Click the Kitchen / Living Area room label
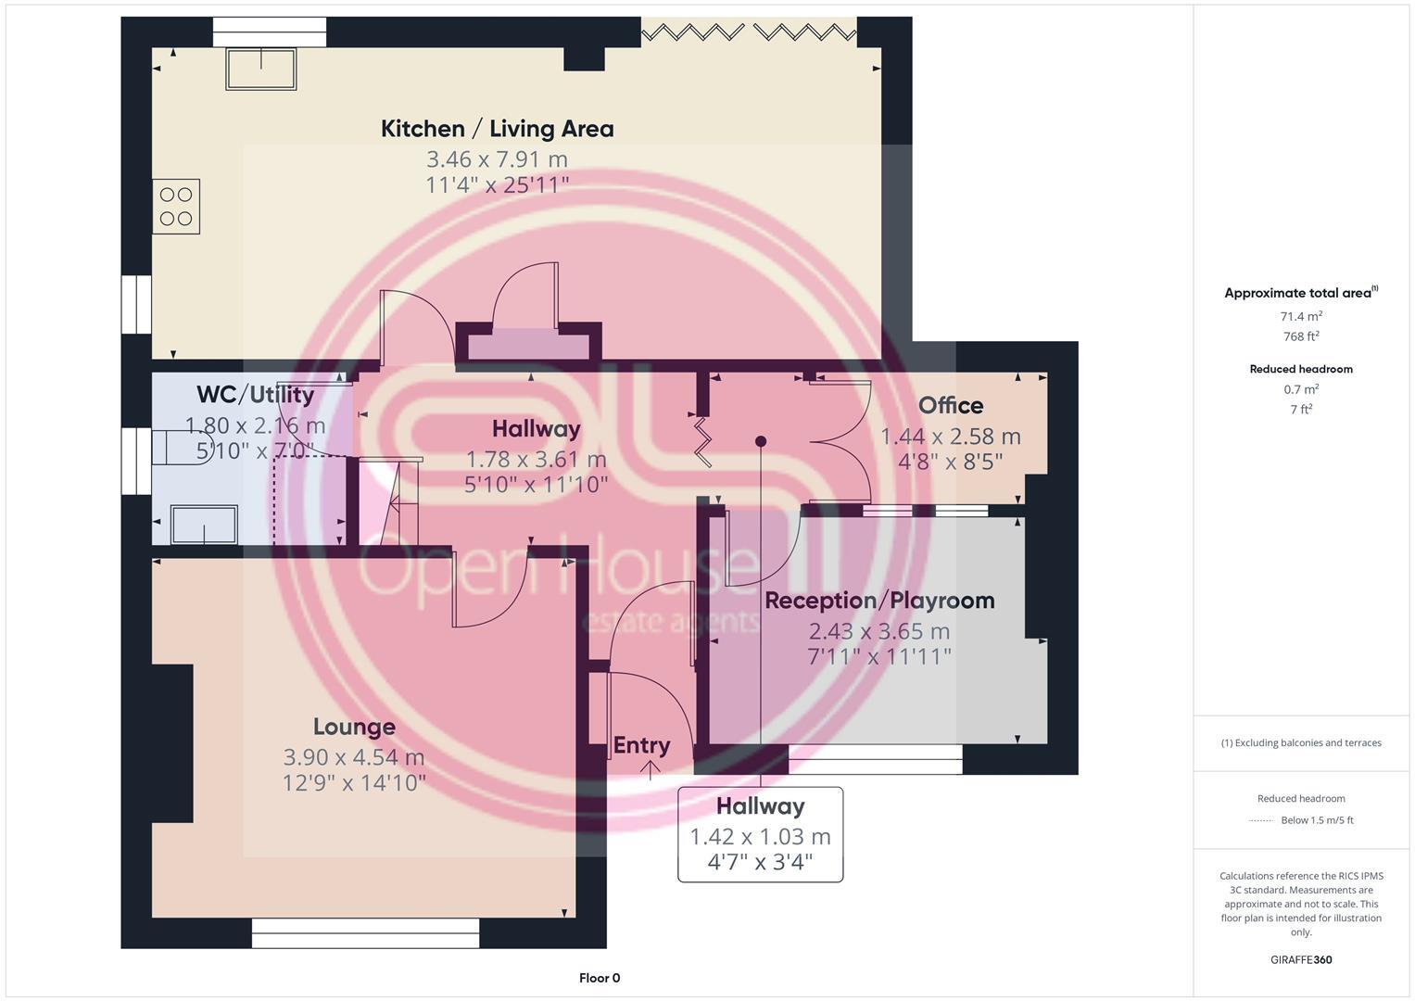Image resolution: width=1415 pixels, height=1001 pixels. [497, 129]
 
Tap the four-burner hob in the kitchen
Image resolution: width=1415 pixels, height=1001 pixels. [176, 206]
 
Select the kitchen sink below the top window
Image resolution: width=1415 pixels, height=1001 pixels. [260, 69]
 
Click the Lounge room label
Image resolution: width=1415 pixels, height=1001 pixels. [354, 727]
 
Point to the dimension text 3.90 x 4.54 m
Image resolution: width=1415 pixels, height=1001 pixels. [354, 757]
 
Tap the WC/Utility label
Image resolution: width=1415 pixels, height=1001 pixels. [255, 395]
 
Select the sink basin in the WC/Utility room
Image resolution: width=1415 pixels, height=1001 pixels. [203, 525]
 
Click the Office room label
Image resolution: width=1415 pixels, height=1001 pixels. [951, 406]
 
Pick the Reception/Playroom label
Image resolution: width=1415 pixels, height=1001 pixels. [879, 601]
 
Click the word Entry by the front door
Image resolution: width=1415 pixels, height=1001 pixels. [641, 745]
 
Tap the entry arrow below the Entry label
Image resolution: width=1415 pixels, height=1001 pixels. [650, 769]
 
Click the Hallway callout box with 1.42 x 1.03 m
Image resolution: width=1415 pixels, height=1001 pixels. [760, 834]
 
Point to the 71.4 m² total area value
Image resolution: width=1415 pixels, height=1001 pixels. [1301, 316]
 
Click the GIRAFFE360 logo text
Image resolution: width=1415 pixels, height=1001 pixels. [1301, 959]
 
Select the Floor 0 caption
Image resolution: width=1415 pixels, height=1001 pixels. [600, 978]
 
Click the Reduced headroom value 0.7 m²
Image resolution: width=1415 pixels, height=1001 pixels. [1301, 389]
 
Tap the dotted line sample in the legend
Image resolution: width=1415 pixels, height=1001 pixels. [1262, 820]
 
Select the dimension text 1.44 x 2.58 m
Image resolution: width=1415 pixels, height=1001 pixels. [950, 437]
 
